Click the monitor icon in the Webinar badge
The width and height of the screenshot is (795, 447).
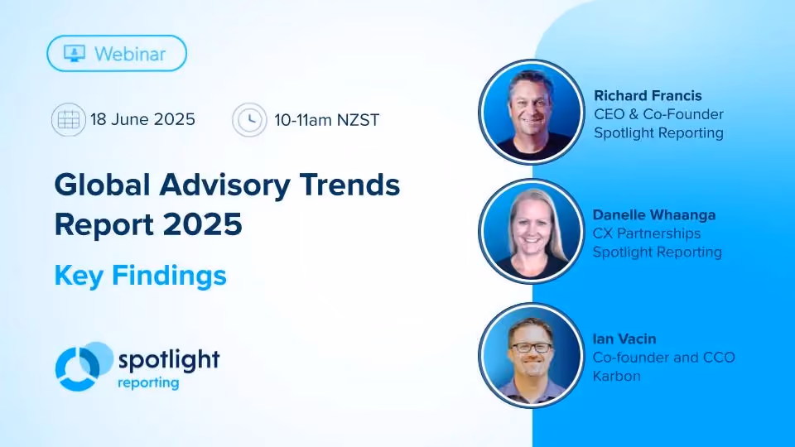[x=75, y=53]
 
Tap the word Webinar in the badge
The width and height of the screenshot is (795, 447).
[x=130, y=54]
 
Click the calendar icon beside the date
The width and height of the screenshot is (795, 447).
[x=69, y=119]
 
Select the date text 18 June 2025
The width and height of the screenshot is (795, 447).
[x=142, y=119]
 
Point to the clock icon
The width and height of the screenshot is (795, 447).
[x=249, y=120]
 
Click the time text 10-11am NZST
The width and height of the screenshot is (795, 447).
[x=326, y=121]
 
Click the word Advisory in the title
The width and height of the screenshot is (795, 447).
[x=224, y=186]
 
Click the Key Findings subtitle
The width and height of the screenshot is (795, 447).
[x=141, y=276]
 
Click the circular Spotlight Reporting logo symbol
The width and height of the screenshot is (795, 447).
[x=84, y=367]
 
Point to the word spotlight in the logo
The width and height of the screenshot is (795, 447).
[x=169, y=360]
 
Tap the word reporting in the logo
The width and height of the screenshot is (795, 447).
[x=148, y=382]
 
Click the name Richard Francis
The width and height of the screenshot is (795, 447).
[x=648, y=96]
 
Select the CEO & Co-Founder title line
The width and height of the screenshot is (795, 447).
[x=658, y=114]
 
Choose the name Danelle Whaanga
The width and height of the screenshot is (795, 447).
[x=654, y=215]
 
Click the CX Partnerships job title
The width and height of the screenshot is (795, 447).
[x=647, y=233]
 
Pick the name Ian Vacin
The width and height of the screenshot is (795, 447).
[x=624, y=339]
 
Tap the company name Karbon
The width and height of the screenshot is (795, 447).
[x=616, y=376]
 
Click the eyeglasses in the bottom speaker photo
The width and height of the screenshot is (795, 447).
[x=531, y=348]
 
